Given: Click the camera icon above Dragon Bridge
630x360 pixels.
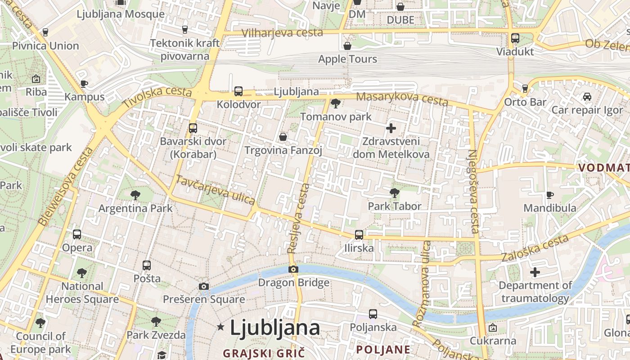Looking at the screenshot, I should tap(293, 269).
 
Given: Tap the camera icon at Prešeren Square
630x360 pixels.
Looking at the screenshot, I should tap(204, 286).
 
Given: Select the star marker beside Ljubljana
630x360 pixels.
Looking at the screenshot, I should tap(220, 327).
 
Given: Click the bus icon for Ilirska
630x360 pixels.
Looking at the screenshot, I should tap(359, 234).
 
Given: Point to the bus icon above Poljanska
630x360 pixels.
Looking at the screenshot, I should tap(373, 314).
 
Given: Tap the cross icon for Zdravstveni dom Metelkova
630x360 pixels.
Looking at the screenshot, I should tap(391, 128).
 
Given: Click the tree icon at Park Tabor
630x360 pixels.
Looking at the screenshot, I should tap(395, 193).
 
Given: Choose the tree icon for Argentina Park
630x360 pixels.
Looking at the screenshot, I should tap(135, 195).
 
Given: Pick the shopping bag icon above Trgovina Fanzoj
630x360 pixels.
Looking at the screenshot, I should tap(283, 136).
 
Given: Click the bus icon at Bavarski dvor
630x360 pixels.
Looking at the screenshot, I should tap(193, 128).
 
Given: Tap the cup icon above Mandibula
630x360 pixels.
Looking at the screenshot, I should tap(549, 194).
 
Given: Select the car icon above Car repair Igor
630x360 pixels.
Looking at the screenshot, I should tap(587, 96).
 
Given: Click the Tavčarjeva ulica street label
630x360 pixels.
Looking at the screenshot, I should tap(215, 190).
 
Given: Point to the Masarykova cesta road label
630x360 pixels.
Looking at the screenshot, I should tap(402, 99).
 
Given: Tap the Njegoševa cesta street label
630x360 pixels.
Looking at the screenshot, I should tap(473, 191).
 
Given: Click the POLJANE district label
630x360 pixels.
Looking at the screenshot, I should tap(383, 349).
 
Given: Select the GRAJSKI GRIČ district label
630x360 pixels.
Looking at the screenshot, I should tap(264, 353).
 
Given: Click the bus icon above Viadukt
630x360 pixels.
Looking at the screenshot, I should tap(515, 38).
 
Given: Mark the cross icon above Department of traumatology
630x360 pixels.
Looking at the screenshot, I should tap(535, 272).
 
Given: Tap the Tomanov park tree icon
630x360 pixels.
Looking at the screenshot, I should tap(335, 103).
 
